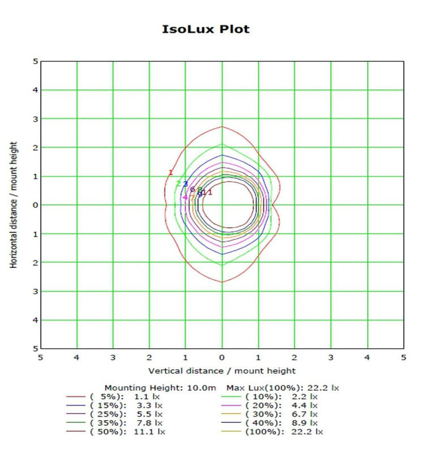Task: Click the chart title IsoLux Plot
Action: coord(205,29)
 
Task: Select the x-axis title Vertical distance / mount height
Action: coord(222,371)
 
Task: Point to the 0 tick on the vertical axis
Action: coord(35,205)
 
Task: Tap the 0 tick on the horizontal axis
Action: coord(222,358)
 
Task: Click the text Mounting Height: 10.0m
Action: coord(163,388)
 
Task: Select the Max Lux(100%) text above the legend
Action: coord(282,388)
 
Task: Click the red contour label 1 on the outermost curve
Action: coord(170,173)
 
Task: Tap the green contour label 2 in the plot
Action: coord(178,183)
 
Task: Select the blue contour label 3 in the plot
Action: coord(185,184)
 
